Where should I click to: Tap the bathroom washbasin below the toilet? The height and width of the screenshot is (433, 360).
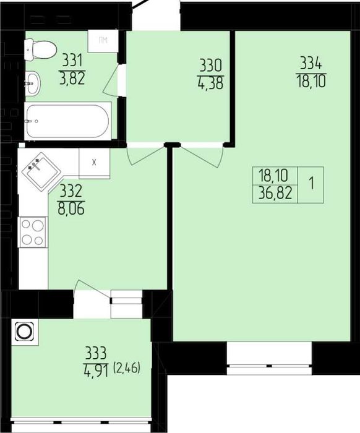point(33,82)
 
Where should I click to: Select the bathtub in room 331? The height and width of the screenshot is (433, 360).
point(68,121)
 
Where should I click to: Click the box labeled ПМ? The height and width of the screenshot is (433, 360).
point(103,41)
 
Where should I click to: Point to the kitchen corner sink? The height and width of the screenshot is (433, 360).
point(41,171)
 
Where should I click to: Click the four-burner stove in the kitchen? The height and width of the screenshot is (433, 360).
point(33,232)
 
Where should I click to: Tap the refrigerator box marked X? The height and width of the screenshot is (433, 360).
point(94,163)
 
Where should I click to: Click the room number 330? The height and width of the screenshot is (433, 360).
point(211,66)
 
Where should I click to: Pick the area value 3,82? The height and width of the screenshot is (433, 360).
point(72,79)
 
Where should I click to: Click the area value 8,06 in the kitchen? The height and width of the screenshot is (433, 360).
point(71,208)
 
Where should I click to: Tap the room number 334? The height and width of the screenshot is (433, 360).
point(311,64)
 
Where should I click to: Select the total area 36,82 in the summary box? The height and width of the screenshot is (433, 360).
point(275,194)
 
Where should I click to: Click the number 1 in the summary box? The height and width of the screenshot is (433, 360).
point(312,184)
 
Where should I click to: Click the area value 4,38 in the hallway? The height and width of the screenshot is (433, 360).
point(210,83)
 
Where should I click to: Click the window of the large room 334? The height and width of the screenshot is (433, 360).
point(269,358)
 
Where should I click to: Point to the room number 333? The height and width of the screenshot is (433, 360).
point(95,354)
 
